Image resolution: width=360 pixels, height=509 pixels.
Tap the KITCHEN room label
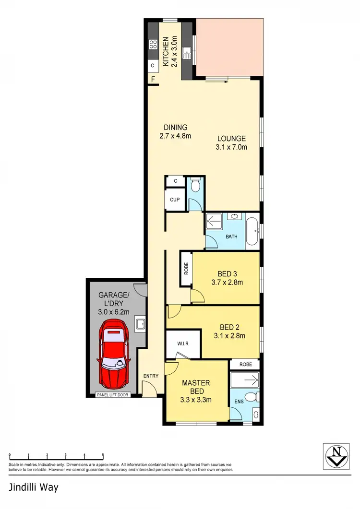(x=165, y=52)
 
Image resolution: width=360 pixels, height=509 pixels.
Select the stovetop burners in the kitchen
(x=153, y=45)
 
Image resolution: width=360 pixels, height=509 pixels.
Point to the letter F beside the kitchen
(x=153, y=79)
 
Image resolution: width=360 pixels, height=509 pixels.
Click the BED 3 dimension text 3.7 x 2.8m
(x=227, y=282)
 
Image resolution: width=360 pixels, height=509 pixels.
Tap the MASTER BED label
(x=195, y=387)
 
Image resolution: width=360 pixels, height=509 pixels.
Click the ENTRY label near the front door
(x=150, y=376)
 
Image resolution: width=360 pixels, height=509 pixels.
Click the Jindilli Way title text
(x=34, y=487)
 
